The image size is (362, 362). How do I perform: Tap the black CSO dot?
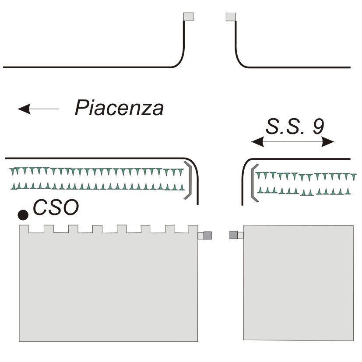click(23, 214)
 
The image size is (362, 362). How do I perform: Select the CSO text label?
click(56, 207)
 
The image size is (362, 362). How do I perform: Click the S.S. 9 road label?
click(295, 127)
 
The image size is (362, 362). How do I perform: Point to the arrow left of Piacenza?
click(38, 108)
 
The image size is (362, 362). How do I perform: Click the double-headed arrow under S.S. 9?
click(292, 141)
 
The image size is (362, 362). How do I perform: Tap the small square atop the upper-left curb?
click(188, 17)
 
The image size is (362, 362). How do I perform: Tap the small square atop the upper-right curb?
click(231, 17)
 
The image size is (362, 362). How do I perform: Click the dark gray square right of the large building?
click(208, 235)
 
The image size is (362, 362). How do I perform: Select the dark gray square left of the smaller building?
click(234, 235)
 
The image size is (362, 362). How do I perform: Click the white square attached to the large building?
click(200, 235)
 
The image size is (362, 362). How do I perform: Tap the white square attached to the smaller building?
click(240, 235)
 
